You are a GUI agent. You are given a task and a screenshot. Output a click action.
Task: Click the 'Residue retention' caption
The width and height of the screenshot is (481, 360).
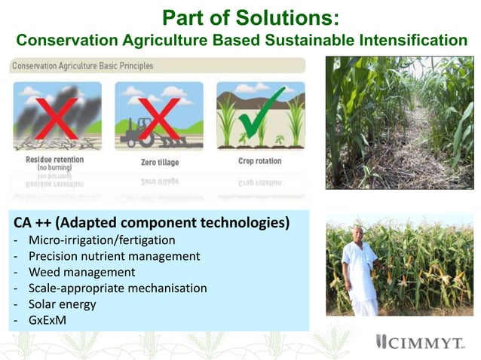pos(55,160)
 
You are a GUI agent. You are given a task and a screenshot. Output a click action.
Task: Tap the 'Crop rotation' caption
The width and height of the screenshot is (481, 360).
pos(259,161)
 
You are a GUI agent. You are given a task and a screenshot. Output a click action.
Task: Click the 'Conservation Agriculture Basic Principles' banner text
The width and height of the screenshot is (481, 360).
pos(83,66)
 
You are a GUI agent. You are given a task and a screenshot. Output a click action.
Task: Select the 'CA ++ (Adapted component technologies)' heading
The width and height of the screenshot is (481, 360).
pos(151,224)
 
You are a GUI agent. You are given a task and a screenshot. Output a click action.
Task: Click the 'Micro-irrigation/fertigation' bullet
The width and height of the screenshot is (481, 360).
pos(103,240)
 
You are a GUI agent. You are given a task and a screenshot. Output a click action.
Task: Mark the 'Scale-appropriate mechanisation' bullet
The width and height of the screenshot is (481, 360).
pos(118,288)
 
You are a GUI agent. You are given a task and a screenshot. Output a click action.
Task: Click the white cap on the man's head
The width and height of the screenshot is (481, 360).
pos(359,224)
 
